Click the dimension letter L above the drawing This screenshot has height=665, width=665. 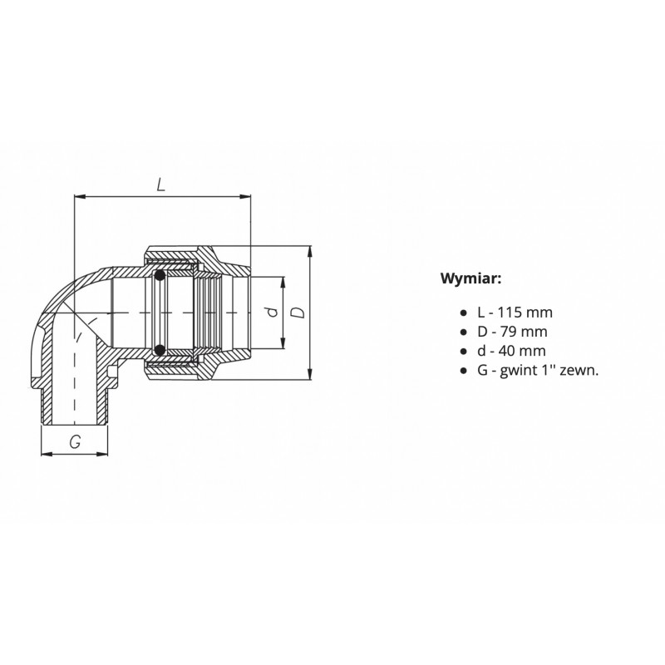tap(161, 185)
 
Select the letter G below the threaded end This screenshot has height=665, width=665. tap(75, 442)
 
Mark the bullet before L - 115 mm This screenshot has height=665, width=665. tap(463, 313)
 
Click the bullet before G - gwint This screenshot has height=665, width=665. tap(463, 371)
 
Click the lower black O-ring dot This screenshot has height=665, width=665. tap(157, 349)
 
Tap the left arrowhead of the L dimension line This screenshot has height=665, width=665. tap(78, 197)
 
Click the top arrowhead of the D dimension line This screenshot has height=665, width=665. tap(309, 249)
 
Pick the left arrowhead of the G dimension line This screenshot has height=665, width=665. tap(45, 454)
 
